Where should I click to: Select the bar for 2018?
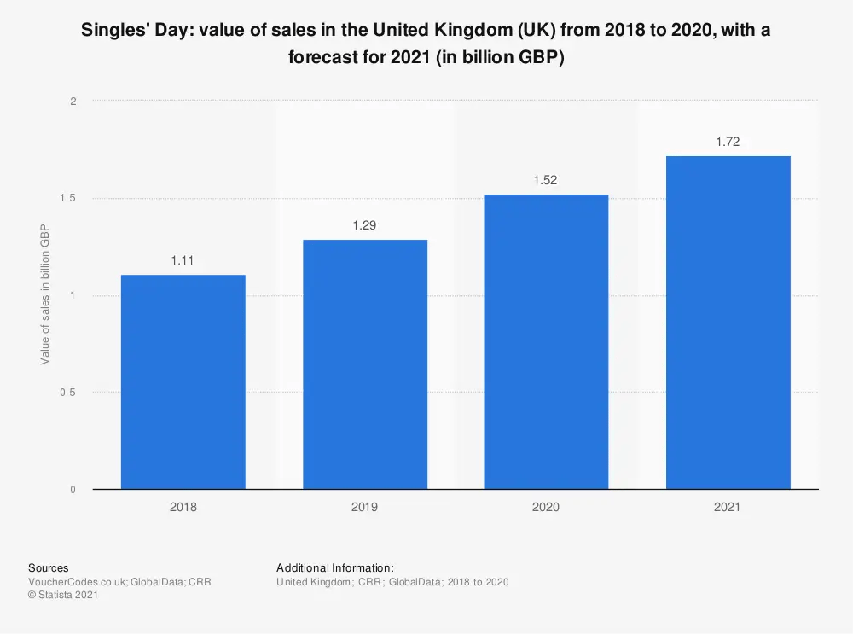[x=183, y=381]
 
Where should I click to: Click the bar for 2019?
[x=365, y=364]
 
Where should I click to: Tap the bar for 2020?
[x=546, y=341]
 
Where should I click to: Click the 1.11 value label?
[x=183, y=260]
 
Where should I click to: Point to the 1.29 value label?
[x=365, y=225]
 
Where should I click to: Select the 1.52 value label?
[x=546, y=180]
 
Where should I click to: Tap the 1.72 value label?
[x=728, y=142]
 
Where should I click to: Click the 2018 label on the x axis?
[x=183, y=507]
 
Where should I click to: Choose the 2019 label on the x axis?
[x=365, y=507]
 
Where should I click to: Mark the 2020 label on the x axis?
[x=546, y=507]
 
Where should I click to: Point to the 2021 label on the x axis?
[x=728, y=507]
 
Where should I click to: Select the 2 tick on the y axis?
[x=73, y=102]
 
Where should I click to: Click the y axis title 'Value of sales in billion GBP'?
[x=45, y=295]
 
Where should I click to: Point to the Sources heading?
[x=49, y=567]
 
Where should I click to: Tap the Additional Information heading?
[x=334, y=567]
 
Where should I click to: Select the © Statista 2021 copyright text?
[x=63, y=596]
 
